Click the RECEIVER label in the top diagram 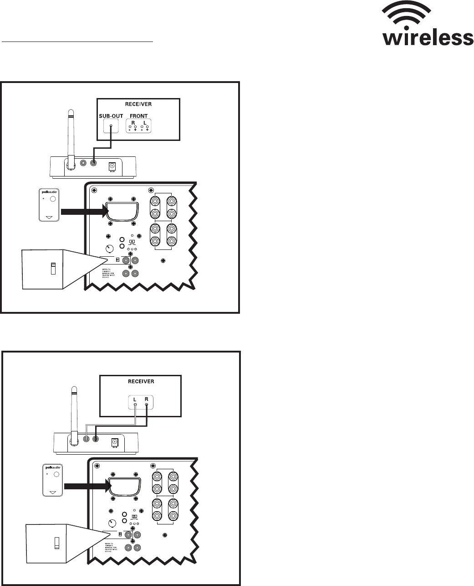[x=138, y=104]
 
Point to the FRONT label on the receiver [x=138, y=116]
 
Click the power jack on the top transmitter [x=111, y=167]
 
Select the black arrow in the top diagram [x=82, y=211]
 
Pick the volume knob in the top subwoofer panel [x=109, y=249]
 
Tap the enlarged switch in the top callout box [x=52, y=269]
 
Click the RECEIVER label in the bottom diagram [x=140, y=381]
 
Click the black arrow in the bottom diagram [x=87, y=487]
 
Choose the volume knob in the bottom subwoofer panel [x=112, y=524]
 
